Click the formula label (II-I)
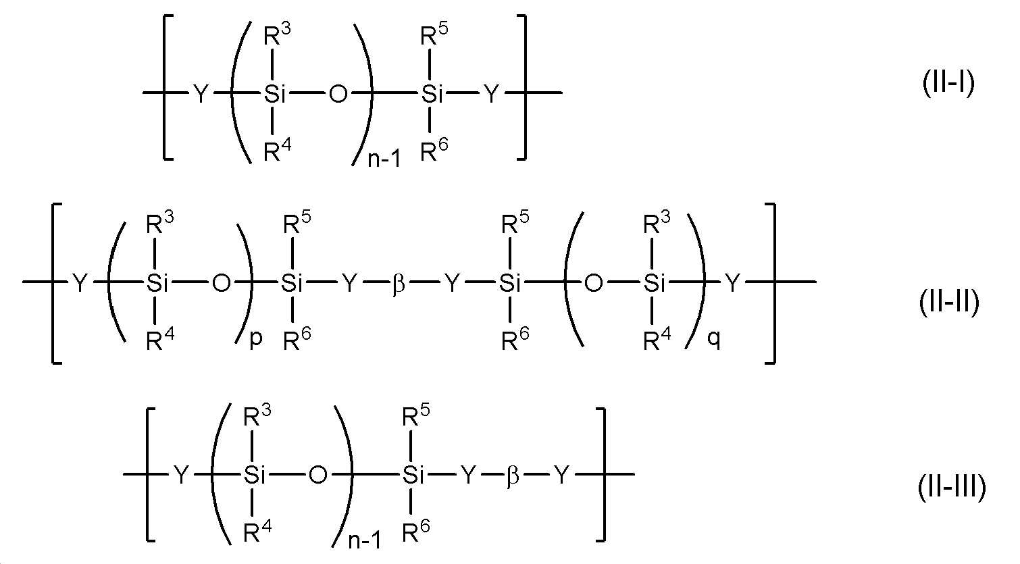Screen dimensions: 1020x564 pyautogui.click(x=948, y=86)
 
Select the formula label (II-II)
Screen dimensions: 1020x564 pyautogui.click(x=948, y=303)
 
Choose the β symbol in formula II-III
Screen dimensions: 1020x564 pyautogui.click(x=513, y=476)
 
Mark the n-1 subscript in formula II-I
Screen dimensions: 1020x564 pyautogui.click(x=384, y=159)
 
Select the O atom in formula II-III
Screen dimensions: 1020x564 pyautogui.click(x=317, y=476)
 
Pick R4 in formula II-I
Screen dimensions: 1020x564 pyautogui.click(x=278, y=151)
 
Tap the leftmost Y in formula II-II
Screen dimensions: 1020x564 pyautogui.click(x=80, y=284)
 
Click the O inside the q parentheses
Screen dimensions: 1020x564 pyautogui.click(x=593, y=284)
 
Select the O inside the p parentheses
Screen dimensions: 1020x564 pyautogui.click(x=221, y=284)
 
